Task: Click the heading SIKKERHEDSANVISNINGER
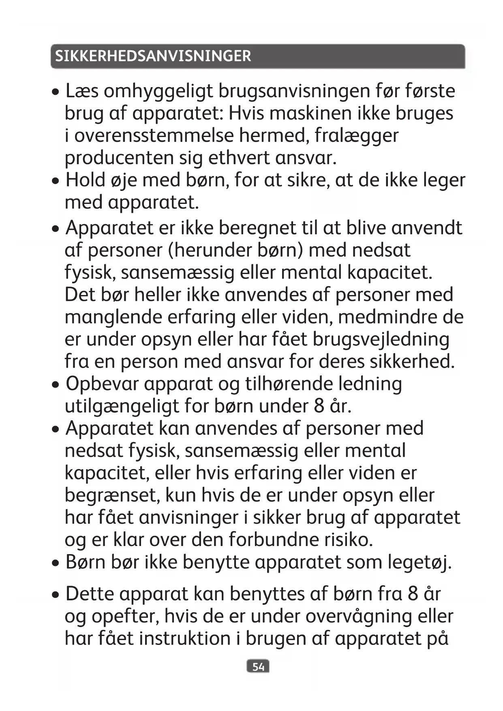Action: coord(153,56)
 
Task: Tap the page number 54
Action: coord(258,667)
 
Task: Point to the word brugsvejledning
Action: coord(381,340)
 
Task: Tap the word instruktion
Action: coord(185,638)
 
